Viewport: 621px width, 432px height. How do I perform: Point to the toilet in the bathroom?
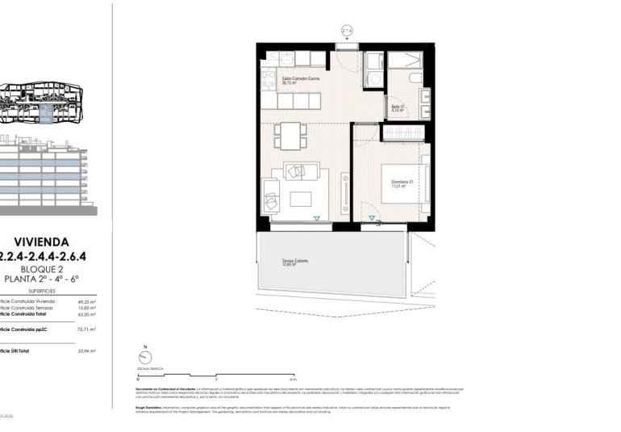tap(413, 77)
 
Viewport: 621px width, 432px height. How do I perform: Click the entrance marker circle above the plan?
tap(347, 31)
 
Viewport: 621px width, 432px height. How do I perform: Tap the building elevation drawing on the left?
tap(48, 174)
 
